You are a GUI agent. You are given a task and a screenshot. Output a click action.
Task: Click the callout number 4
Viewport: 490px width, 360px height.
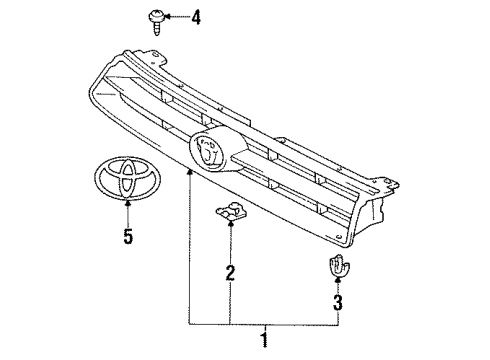pyautogui.click(x=196, y=16)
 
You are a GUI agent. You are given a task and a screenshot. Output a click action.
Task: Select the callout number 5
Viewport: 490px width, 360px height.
pyautogui.click(x=127, y=236)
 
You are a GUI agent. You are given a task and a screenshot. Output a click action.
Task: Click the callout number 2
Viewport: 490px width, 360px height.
pyautogui.click(x=229, y=271)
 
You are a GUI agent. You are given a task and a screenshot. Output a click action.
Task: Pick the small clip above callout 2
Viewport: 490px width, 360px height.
pyautogui.click(x=229, y=214)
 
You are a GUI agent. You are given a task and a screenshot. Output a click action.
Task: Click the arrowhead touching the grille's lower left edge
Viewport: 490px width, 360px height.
pyautogui.click(x=187, y=173)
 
